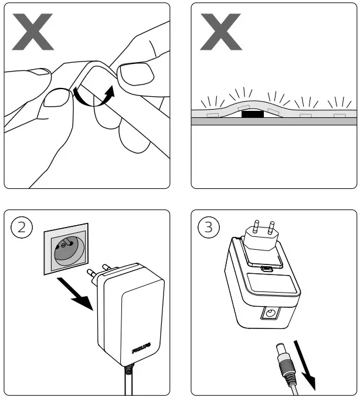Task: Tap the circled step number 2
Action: [x=22, y=228]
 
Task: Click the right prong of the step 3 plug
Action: [x=271, y=229]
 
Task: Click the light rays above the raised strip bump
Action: [x=242, y=94]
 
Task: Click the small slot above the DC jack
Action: [x=267, y=269]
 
